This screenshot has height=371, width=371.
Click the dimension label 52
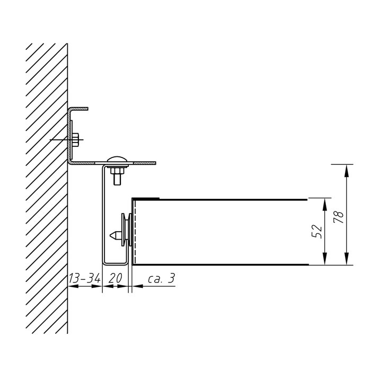coord(317,232)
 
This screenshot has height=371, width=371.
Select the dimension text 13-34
coord(84,278)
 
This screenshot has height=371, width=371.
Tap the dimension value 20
coord(115,278)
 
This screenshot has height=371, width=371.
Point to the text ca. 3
coord(162,278)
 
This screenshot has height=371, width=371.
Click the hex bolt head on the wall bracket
coord(75,139)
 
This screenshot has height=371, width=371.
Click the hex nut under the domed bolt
coord(117,170)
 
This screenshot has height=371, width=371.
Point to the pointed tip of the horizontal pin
coord(110,235)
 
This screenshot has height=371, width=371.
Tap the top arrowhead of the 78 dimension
coord(347,171)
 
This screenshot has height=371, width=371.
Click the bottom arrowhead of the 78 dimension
coord(347,259)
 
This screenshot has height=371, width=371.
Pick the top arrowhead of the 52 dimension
coord(324,205)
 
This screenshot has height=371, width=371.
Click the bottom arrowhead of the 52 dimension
coord(324,259)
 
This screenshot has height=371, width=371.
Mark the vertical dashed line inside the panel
coord(135,232)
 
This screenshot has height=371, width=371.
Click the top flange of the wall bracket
coord(79,109)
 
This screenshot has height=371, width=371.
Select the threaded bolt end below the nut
coord(117,179)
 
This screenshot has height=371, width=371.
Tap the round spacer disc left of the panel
coord(123,229)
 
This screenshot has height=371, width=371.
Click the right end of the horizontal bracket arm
coord(156,163)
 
